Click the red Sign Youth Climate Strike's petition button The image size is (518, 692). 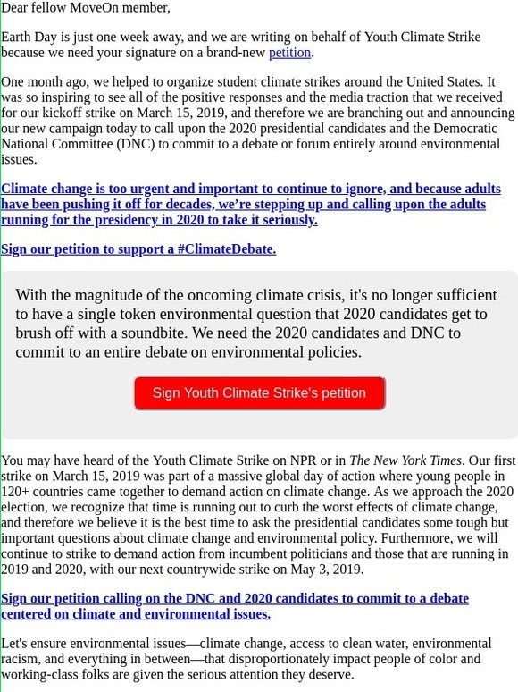259,393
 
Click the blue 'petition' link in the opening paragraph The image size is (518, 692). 289,53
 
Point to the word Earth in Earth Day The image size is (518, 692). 19,37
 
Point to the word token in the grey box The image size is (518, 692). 168,315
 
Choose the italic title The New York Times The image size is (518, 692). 405,461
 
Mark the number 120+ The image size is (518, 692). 18,492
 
